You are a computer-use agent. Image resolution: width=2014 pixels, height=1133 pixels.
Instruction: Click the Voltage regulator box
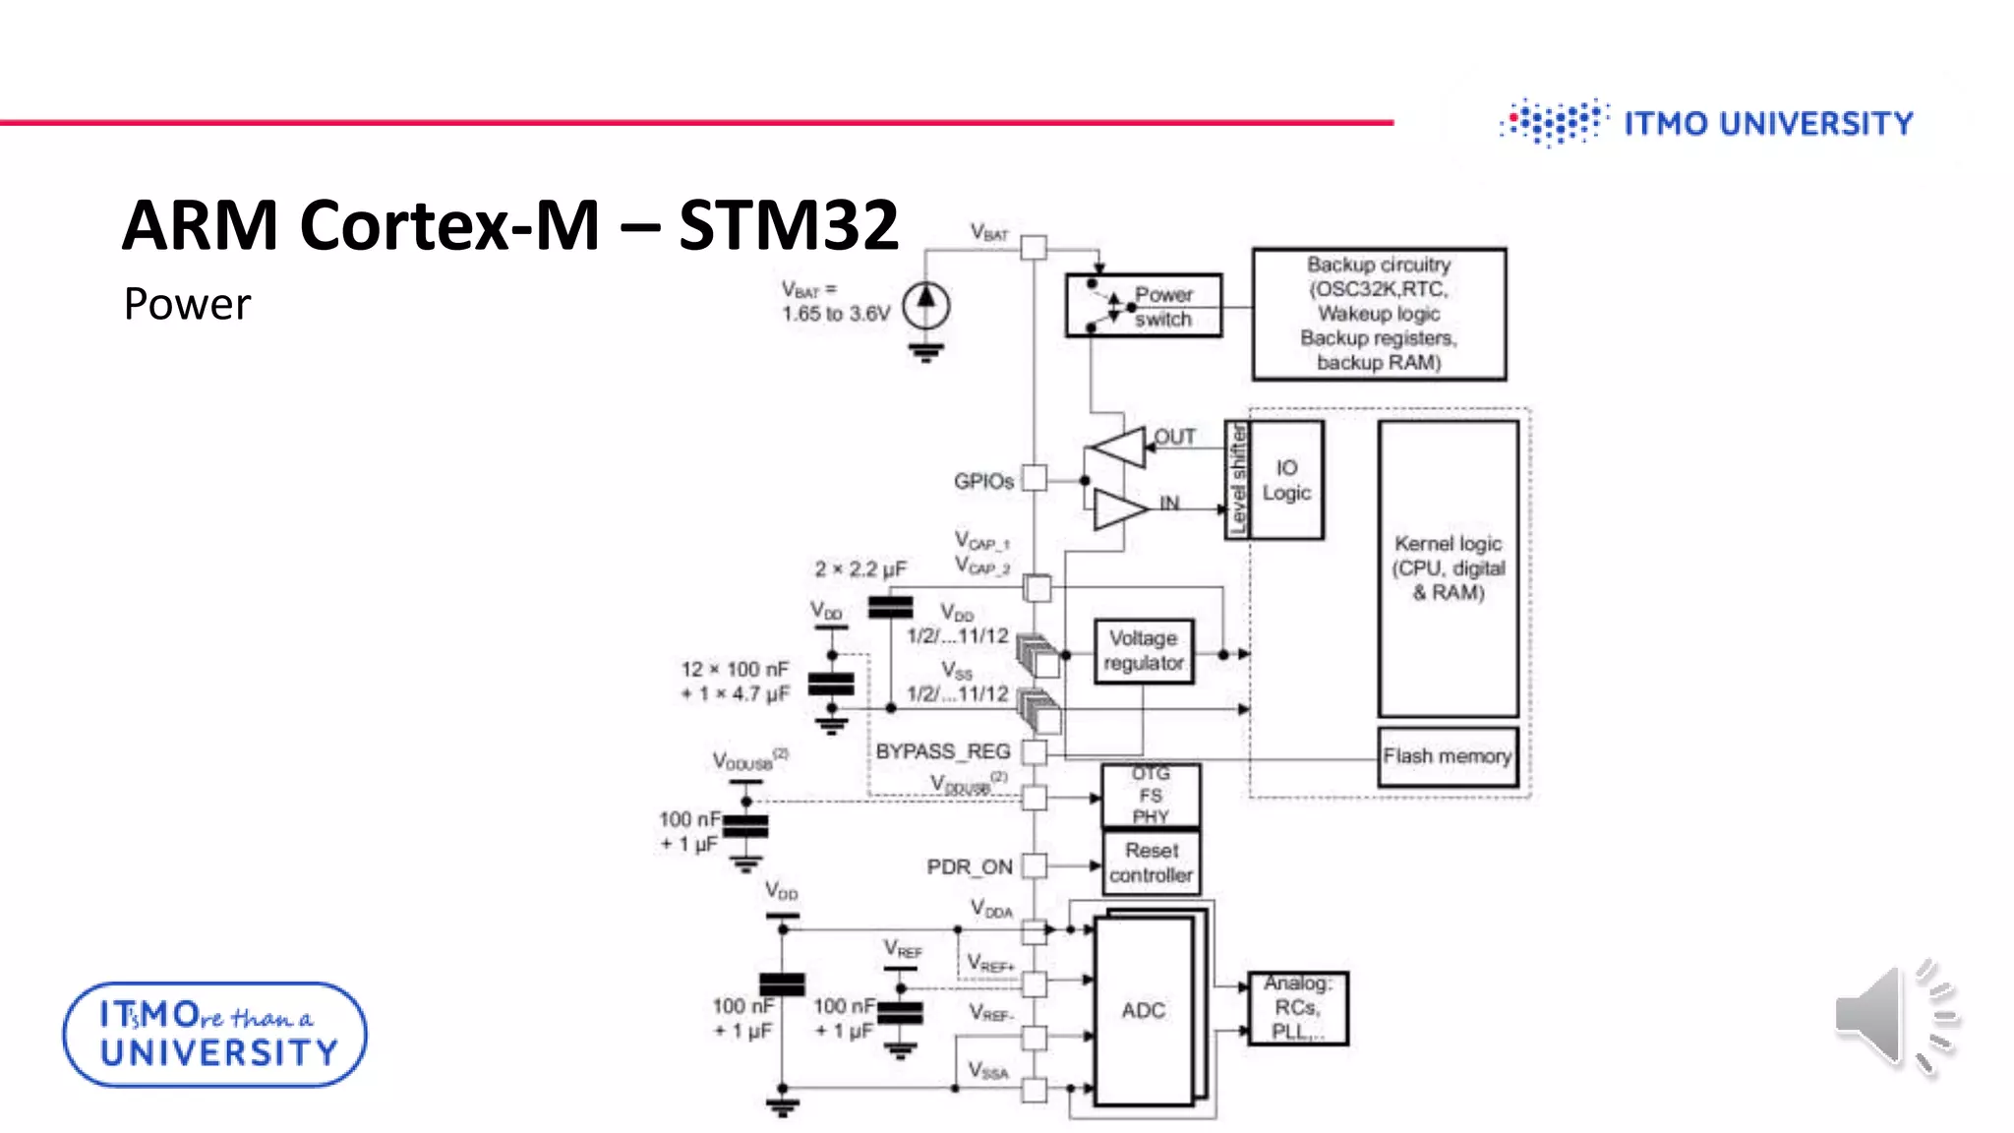(x=1144, y=651)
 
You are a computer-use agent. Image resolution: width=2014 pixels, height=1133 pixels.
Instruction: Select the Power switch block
(x=1144, y=306)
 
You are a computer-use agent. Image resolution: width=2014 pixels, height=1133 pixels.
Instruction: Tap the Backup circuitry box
(x=1379, y=314)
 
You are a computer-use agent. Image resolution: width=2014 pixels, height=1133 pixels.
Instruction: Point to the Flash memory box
(x=1448, y=756)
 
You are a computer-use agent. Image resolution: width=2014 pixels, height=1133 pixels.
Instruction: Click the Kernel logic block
(x=1448, y=568)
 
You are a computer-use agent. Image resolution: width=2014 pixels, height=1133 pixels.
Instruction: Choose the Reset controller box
(x=1151, y=863)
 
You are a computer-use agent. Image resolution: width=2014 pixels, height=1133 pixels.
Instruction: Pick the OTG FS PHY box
(x=1151, y=795)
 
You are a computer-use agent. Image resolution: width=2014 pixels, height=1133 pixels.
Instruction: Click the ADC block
(x=1144, y=1010)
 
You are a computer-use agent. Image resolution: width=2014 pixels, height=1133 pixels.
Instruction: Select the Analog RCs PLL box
(x=1297, y=1007)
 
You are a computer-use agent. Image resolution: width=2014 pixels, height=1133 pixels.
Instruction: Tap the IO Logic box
(x=1286, y=480)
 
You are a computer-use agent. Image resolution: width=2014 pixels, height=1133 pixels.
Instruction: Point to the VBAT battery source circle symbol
(x=925, y=305)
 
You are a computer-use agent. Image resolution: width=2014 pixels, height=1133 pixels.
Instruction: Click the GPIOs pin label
(x=983, y=481)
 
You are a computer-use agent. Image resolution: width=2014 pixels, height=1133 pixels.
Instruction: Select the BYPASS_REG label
(x=943, y=751)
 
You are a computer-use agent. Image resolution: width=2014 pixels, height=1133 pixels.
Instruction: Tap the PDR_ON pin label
(x=970, y=866)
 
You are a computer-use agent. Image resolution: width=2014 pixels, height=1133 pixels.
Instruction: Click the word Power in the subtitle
(x=187, y=304)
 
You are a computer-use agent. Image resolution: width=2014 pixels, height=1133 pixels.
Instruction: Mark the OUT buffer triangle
(x=1120, y=447)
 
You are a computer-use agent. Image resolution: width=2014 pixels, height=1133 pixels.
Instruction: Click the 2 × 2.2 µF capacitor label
(x=860, y=569)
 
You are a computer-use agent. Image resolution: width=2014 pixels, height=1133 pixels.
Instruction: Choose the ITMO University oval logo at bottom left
(x=214, y=1035)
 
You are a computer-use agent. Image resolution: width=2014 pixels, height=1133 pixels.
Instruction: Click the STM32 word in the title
(x=788, y=225)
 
